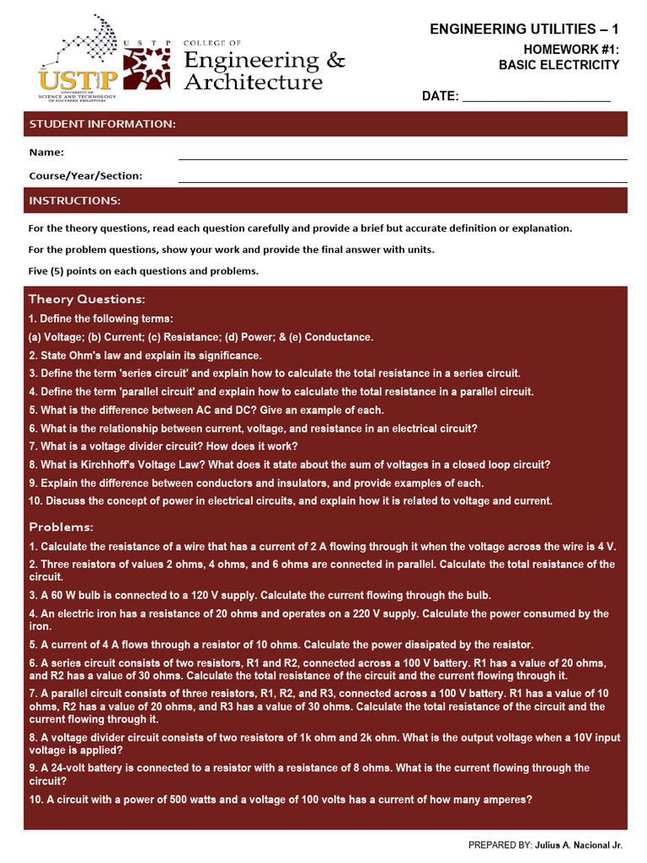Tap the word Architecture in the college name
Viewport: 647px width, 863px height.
pyautogui.click(x=253, y=82)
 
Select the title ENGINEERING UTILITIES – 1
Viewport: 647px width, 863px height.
pyautogui.click(x=524, y=29)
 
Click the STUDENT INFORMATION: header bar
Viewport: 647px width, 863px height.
pyautogui.click(x=325, y=125)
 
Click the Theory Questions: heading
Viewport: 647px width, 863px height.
pyautogui.click(x=87, y=299)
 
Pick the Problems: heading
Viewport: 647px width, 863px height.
pyautogui.click(x=61, y=527)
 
